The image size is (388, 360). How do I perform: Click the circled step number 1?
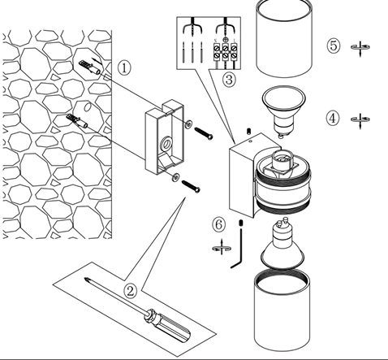[x=124, y=68]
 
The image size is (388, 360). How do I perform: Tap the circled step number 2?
[x=131, y=291]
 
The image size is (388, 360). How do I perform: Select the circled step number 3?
[x=229, y=80]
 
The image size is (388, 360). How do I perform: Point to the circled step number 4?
[x=333, y=119]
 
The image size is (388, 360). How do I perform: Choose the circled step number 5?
[x=334, y=46]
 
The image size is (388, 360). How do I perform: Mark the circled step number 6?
[x=218, y=224]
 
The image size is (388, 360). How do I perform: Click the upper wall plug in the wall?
[x=90, y=68]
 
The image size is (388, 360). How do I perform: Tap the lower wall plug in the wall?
[x=77, y=121]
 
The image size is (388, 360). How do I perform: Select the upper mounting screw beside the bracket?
[x=204, y=133]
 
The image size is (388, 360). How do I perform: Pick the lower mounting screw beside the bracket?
[x=191, y=186]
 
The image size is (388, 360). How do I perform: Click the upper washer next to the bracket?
[x=188, y=124]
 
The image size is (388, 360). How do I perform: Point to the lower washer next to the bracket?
[x=176, y=176]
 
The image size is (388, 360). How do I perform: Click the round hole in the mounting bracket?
[x=166, y=143]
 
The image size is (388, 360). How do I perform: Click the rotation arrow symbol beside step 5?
[x=360, y=48]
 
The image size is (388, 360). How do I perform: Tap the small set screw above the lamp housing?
[x=248, y=132]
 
